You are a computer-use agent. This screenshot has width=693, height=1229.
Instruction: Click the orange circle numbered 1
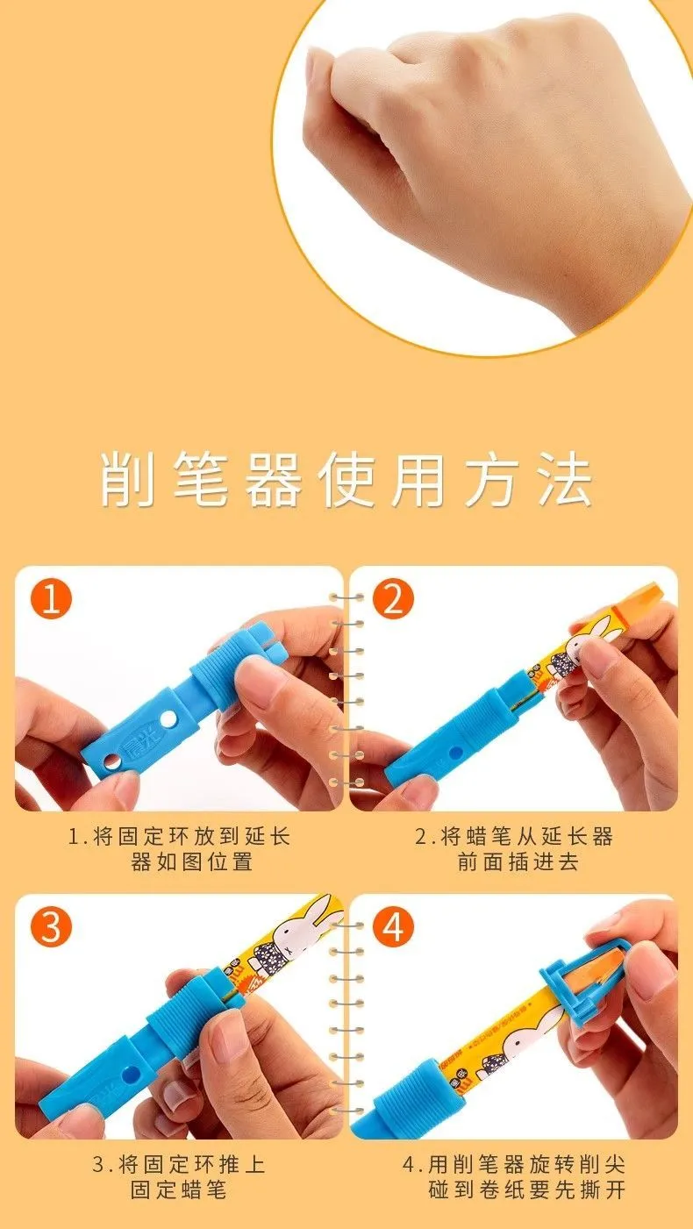coord(51,599)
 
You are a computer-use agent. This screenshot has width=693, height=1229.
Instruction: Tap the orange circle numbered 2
coord(393,599)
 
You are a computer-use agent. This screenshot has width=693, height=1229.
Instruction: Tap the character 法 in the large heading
coord(566,479)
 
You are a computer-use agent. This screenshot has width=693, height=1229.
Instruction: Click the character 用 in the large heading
coord(418,479)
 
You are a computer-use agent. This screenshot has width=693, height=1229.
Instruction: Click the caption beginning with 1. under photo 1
coord(180,849)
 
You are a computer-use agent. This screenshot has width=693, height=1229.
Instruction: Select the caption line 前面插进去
coord(518,861)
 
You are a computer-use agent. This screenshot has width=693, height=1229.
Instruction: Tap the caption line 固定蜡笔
coord(179,1190)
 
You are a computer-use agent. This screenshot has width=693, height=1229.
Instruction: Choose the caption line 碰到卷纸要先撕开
coord(526,1190)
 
